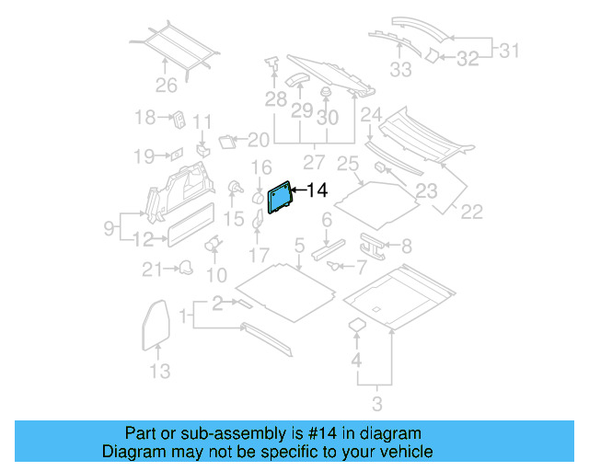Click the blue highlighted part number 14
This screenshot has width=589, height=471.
pyautogui.click(x=279, y=198)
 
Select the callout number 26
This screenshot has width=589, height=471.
pyautogui.click(x=166, y=86)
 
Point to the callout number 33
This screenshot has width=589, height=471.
pyautogui.click(x=401, y=69)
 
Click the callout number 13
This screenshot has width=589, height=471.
pyautogui.click(x=160, y=372)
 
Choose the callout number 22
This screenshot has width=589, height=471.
pyautogui.click(x=471, y=212)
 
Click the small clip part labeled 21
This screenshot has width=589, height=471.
pyautogui.click(x=186, y=267)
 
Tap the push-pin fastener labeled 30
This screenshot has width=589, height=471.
pyautogui.click(x=326, y=93)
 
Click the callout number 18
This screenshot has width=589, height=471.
pyautogui.click(x=145, y=117)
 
